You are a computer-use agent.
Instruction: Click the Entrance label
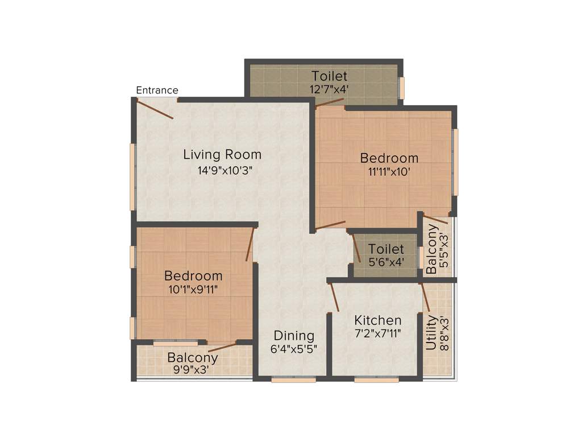157,90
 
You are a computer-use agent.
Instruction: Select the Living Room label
222,154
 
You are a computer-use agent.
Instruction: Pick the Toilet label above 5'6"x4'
386,249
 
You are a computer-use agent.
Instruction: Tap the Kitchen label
377,320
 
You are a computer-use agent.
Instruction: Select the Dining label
293,335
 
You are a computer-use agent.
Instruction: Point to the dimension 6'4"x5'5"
293,349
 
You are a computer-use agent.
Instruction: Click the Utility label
431,333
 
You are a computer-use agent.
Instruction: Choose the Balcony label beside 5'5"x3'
432,249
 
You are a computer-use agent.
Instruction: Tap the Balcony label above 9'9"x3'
192,358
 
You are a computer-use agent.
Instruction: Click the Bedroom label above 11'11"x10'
389,158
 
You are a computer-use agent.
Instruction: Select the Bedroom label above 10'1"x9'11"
193,276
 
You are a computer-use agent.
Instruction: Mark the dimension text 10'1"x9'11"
193,289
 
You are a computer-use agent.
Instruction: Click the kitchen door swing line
334,297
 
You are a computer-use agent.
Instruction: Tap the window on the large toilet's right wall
402,88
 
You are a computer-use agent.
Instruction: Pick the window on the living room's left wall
133,176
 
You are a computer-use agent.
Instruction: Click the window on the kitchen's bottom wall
376,380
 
